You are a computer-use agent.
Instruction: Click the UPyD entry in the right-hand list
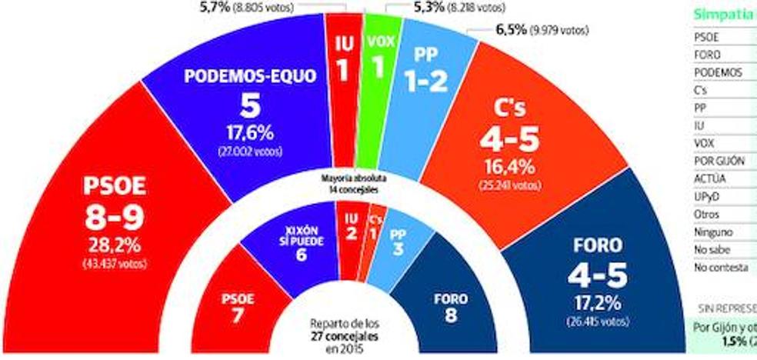point(706,195)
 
